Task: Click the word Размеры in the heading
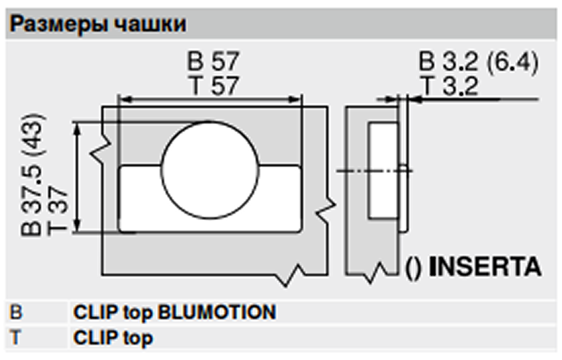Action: pos(59,24)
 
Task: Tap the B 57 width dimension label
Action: pos(213,61)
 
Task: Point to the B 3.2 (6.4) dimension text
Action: pos(479,61)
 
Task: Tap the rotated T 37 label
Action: pos(58,211)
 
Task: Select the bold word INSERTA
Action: pos(485,266)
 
